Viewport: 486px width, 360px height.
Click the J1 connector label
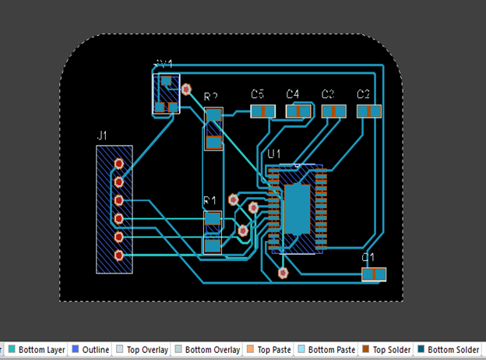point(102,136)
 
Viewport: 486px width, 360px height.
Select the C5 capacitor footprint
point(263,111)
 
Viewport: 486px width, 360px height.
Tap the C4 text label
point(292,94)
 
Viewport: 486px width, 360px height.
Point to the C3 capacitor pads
point(334,111)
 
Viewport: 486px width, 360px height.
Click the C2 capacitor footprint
point(369,111)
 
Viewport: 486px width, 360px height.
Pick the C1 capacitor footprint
point(374,274)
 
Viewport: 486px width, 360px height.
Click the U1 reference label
point(273,154)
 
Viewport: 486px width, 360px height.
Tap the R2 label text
point(211,97)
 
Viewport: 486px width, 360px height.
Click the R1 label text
point(210,201)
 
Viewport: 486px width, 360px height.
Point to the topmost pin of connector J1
point(118,164)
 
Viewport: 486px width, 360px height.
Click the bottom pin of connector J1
point(118,255)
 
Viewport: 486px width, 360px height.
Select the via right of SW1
point(186,90)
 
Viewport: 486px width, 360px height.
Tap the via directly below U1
point(283,273)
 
